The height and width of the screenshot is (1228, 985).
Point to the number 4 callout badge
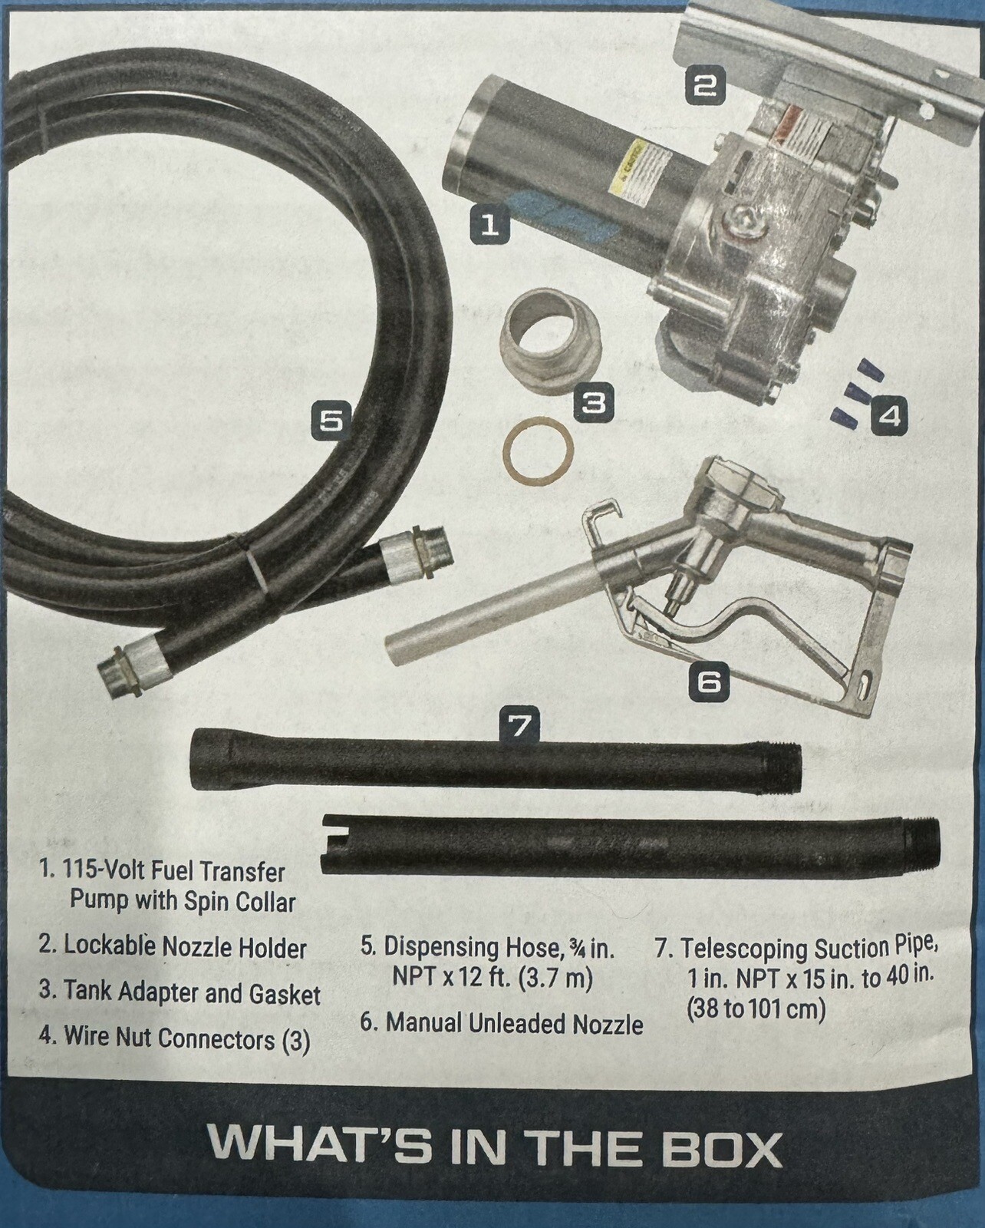tap(888, 417)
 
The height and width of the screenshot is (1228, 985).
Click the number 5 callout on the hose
tap(331, 421)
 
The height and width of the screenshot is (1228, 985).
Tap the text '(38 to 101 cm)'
tap(756, 1009)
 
